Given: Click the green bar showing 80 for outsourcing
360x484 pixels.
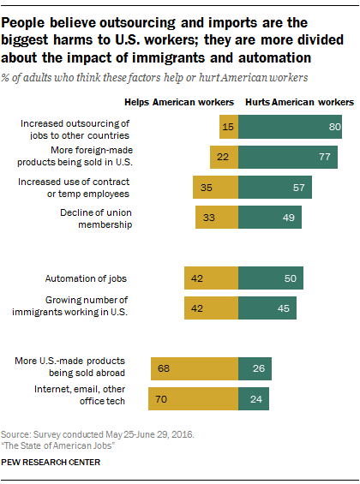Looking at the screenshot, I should (x=290, y=127).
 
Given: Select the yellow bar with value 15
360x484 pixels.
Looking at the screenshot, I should (x=228, y=127).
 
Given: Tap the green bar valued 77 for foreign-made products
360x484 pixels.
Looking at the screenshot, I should (x=288, y=157).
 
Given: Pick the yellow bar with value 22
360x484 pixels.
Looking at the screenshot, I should (x=224, y=157).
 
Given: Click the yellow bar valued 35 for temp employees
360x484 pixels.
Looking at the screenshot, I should (x=215, y=188).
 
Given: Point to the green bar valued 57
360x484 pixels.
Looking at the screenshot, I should (x=275, y=188).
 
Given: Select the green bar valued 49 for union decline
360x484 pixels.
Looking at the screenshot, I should (x=270, y=218).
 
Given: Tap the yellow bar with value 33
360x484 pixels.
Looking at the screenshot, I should (x=217, y=218).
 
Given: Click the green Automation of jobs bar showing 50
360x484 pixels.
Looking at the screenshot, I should (x=271, y=278).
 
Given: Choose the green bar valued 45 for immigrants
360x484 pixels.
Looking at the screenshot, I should (x=267, y=308).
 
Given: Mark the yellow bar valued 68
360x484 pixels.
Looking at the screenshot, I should (x=195, y=369).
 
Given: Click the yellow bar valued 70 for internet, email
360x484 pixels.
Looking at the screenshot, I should (x=193, y=399).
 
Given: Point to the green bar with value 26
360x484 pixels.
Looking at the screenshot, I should (x=255, y=369).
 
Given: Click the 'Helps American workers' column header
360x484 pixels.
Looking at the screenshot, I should (x=191, y=102).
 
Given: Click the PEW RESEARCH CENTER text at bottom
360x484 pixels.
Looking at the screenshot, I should (x=51, y=463).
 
